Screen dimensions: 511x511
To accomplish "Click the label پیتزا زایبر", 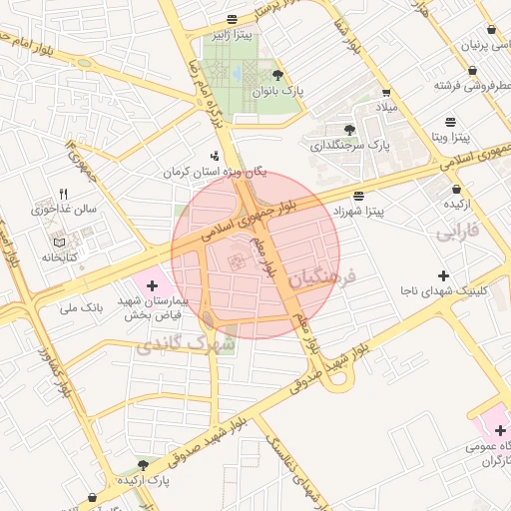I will (231, 36).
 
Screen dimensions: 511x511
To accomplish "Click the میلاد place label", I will (385, 106).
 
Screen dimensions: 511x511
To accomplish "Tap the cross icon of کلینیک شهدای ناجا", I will (444, 274).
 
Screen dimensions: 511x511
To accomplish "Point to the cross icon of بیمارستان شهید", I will (151, 286).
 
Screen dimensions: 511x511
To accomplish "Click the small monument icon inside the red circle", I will (237, 261).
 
